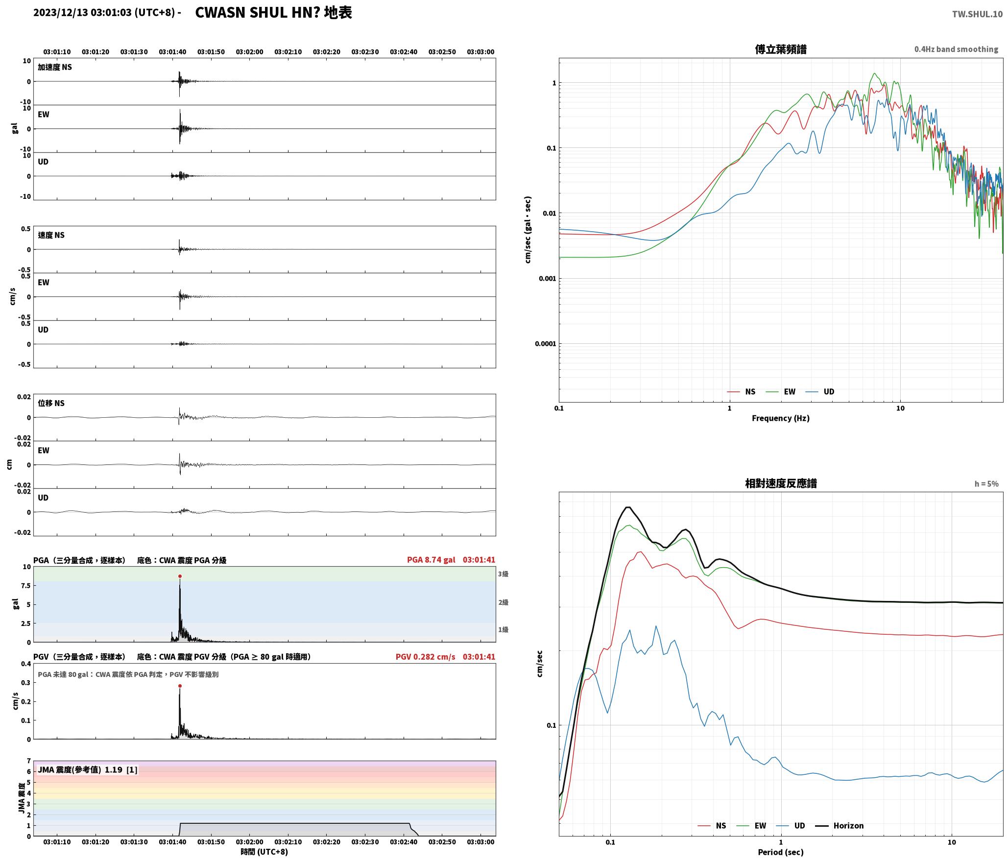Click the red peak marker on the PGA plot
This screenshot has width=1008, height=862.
(x=180, y=576)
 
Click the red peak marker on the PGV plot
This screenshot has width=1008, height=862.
(x=180, y=686)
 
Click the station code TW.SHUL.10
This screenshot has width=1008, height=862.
(x=977, y=14)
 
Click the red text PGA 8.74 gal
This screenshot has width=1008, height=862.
(x=431, y=560)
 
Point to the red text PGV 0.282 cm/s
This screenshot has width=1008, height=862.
(x=425, y=657)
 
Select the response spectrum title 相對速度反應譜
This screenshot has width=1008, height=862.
(x=781, y=483)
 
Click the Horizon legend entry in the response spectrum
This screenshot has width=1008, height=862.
(x=839, y=826)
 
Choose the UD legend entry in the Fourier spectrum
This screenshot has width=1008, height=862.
(x=820, y=392)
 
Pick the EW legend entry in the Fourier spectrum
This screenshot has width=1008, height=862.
(x=780, y=392)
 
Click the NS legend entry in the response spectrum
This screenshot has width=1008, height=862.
(x=712, y=826)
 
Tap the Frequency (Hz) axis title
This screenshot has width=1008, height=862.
(x=781, y=418)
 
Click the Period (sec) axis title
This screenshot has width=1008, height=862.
(x=781, y=852)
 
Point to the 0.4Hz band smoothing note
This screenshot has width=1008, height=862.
(x=956, y=49)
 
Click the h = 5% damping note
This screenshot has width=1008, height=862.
(x=986, y=484)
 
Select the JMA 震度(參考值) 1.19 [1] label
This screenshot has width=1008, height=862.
(x=88, y=770)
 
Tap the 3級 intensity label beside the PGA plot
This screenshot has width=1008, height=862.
(x=503, y=574)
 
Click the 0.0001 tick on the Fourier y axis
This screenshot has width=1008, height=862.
(x=546, y=344)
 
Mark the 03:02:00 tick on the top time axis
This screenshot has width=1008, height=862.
(x=249, y=52)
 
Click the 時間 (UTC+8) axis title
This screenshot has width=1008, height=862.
(x=264, y=852)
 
